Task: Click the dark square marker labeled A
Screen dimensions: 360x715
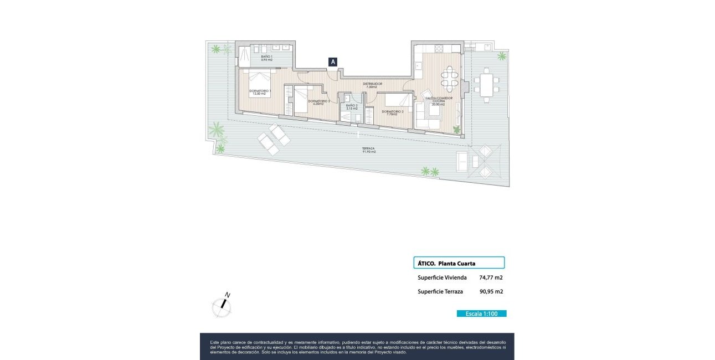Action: tap(333, 62)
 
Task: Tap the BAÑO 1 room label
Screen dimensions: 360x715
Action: tap(266, 58)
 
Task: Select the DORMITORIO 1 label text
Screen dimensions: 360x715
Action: tap(260, 92)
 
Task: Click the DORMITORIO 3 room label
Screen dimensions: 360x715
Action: tap(318, 102)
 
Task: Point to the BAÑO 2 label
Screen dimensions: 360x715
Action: tap(352, 107)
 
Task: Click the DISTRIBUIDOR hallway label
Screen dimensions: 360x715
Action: tap(372, 85)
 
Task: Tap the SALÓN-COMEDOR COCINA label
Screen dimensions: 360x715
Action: tap(439, 100)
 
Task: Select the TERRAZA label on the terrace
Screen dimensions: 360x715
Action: tap(368, 150)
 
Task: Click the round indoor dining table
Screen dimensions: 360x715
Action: tap(450, 79)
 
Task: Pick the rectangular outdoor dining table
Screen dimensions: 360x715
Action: tap(487, 85)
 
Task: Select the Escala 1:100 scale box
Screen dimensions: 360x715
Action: tap(481, 313)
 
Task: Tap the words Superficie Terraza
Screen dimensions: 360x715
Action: tap(440, 291)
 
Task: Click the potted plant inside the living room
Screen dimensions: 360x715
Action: tap(456, 130)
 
